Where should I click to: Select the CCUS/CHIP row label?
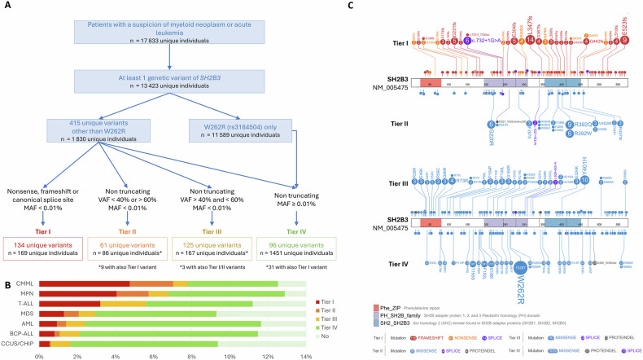point(19,345)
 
